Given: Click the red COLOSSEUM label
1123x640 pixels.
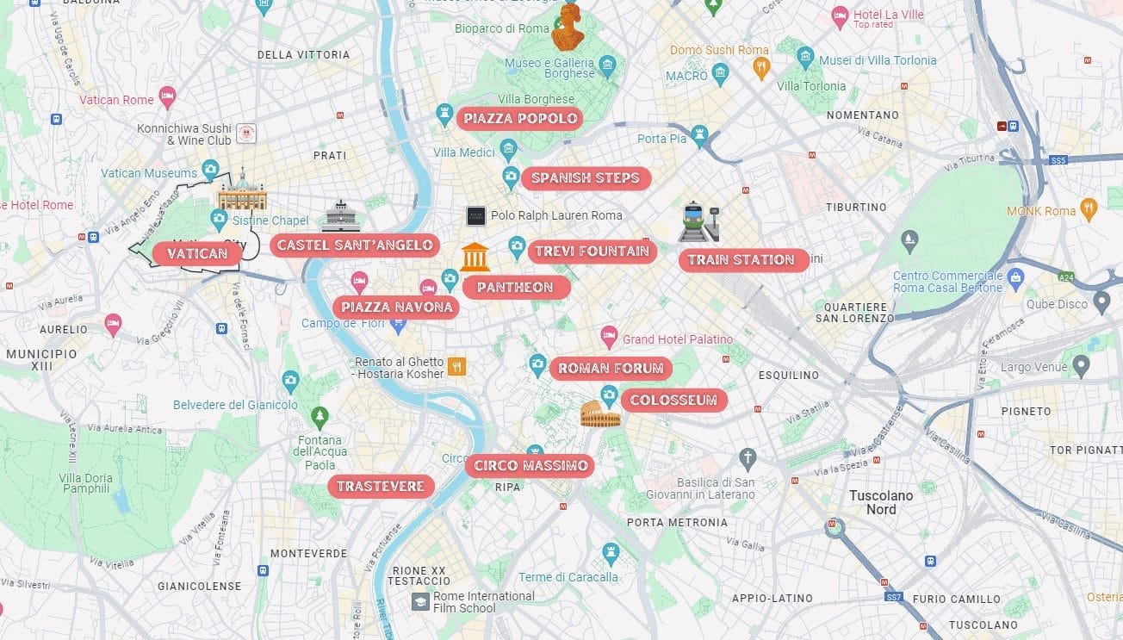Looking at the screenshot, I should coord(673,401).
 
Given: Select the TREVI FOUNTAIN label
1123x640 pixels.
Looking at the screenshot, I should coord(592,252).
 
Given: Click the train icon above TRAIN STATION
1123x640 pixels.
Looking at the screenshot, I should coord(698,221).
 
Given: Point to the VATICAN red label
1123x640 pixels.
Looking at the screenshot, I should coord(197,253).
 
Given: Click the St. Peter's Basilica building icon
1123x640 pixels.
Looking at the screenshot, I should coord(242,192).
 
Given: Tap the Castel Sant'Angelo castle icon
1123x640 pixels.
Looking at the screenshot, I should coord(341,216).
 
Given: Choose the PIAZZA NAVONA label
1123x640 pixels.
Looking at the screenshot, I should coord(396,308).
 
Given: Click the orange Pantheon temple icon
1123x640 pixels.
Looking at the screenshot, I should coord(475,257).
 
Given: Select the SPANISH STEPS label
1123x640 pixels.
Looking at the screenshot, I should coord(585,178).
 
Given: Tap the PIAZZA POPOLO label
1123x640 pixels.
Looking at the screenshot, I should coord(520,119).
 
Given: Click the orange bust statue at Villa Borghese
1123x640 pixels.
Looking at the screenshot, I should coord(568,27).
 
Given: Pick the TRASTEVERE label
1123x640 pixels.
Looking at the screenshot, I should coord(380,487).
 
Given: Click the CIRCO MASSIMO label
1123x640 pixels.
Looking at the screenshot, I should coord(530,466).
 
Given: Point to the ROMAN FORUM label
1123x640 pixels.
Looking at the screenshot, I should coord(611,369).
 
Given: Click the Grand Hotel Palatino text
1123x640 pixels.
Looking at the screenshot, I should coord(677,339).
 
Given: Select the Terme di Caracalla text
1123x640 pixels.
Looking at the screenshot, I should coord(568,577).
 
